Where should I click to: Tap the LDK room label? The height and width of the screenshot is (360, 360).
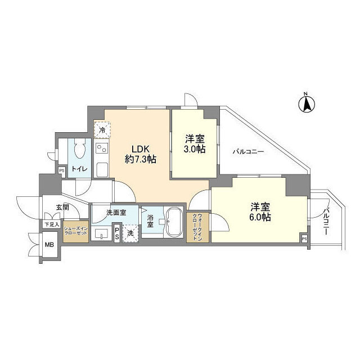coord(140,149)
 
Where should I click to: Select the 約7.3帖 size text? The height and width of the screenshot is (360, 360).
coord(140,159)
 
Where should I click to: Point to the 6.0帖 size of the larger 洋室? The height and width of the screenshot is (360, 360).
coord(261,217)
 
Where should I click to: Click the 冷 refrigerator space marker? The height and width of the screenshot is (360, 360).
coord(102,130)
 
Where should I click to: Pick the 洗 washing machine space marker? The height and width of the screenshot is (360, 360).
coord(130,233)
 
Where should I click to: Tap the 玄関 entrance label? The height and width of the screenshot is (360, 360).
coord(62,208)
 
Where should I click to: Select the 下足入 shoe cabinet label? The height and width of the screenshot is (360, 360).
coord(52,224)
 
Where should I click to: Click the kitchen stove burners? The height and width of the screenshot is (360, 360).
coord(102,150)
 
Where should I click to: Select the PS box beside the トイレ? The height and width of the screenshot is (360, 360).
coord(61,170)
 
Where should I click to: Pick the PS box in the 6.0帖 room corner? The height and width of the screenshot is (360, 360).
coord(304,239)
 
